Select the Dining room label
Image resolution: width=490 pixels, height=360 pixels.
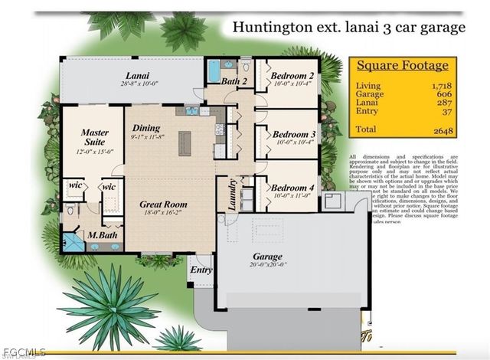point(146,128)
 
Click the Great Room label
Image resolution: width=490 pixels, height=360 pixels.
point(163,205)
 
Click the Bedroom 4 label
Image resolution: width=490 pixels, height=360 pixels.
point(293,188)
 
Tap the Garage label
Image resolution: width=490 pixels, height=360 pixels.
point(268,257)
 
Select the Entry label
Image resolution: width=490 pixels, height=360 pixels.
point(201,270)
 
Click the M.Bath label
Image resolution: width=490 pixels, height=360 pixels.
point(101,234)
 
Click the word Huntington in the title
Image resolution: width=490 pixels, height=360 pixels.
point(273,28)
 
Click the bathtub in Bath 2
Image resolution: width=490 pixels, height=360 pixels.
point(212,74)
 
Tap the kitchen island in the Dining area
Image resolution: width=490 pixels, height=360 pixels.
point(185,142)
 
